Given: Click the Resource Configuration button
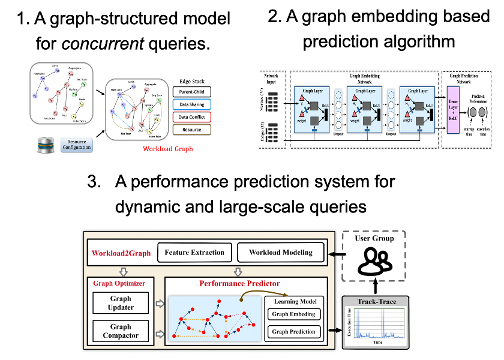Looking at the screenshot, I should pos(77,144).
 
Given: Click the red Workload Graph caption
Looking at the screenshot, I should pos(168,149).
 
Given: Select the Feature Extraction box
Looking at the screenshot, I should pos(194,253).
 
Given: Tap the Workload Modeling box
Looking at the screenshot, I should pos(281,253).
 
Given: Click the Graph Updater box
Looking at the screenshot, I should pos(121,303).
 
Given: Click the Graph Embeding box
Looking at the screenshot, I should pos(294,314).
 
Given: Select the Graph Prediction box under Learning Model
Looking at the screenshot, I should pos(294,331).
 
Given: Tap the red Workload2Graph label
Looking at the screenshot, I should pos(121,253).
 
